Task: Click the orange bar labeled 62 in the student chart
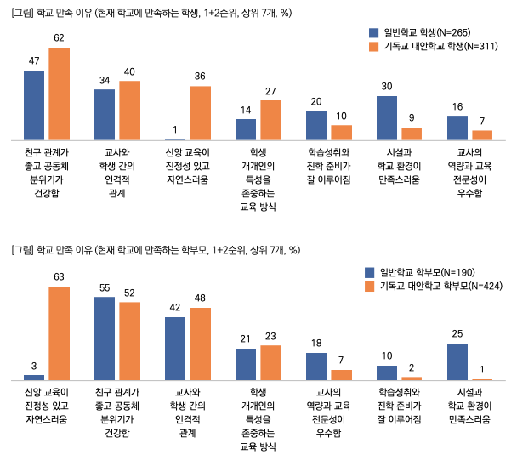click(x=60, y=94)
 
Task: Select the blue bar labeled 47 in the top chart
click(x=34, y=105)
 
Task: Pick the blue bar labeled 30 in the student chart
click(x=387, y=117)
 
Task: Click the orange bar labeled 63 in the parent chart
click(x=60, y=332)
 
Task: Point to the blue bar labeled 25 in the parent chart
click(x=458, y=361)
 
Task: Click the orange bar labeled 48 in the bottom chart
click(x=200, y=344)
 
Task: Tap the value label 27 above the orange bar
click(x=270, y=91)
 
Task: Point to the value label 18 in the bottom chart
click(x=316, y=344)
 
